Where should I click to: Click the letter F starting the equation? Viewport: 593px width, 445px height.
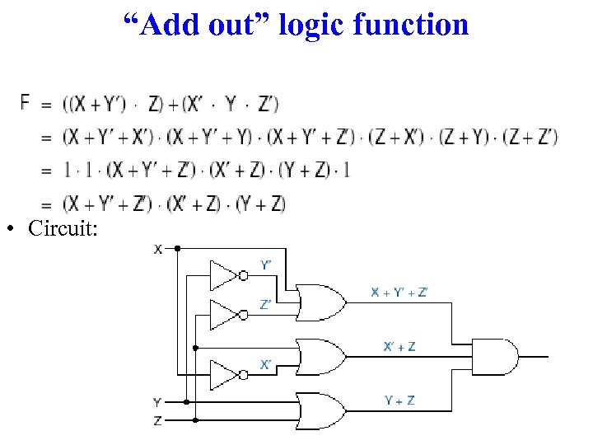tap(26, 102)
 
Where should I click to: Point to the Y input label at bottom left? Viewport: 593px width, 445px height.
tap(157, 403)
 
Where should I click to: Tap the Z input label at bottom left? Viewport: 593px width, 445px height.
tap(157, 420)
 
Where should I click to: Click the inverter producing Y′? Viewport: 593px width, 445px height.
tap(225, 276)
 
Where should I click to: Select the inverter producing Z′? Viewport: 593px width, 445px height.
tap(225, 314)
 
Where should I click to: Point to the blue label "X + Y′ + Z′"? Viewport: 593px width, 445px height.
tap(399, 292)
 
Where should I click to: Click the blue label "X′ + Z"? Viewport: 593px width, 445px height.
tap(399, 346)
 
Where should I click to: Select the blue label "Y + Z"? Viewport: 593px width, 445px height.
tap(399, 400)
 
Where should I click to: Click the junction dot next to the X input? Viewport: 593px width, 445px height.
tap(176, 247)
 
